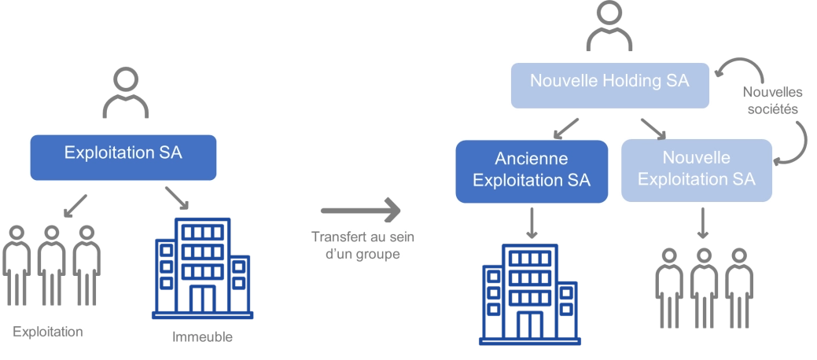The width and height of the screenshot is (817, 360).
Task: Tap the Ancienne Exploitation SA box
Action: (532, 171)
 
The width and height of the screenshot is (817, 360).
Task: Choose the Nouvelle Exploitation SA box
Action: (696, 171)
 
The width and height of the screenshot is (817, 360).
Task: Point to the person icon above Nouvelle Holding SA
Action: (610, 28)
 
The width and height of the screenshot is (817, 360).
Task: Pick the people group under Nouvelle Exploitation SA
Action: (704, 288)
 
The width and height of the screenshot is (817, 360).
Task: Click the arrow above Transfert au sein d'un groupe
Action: (359, 210)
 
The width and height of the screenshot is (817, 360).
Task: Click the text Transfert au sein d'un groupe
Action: (362, 245)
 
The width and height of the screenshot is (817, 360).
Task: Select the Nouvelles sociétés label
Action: (771, 101)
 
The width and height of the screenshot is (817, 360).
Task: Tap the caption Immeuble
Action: (203, 338)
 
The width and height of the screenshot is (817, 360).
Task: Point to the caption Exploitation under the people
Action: (48, 332)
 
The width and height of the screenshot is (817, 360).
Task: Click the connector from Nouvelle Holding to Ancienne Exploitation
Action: (568, 124)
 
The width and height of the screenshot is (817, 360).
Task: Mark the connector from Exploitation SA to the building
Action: (174, 196)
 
